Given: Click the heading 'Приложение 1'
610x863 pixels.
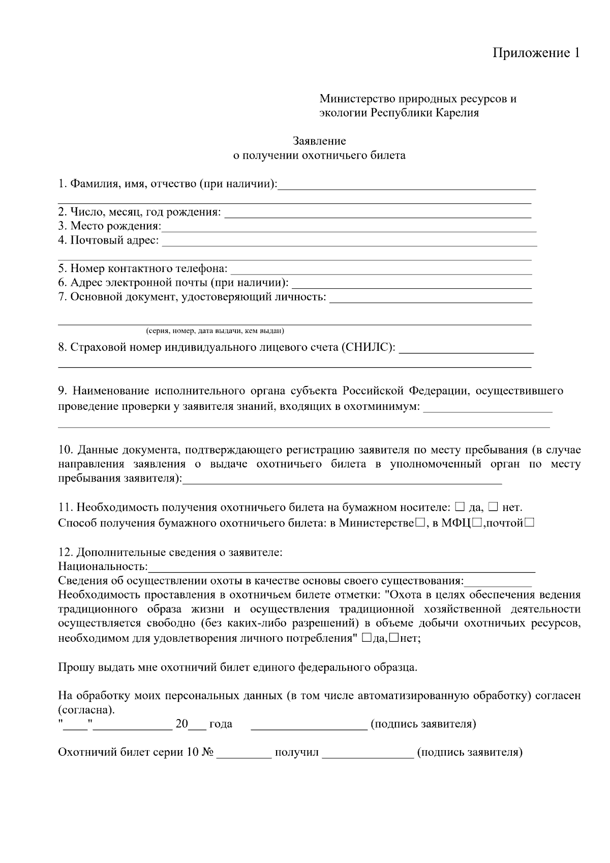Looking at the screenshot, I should click(x=536, y=53).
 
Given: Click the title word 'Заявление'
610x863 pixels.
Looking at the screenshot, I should click(x=319, y=141).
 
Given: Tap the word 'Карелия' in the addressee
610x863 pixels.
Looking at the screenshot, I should click(x=457, y=113).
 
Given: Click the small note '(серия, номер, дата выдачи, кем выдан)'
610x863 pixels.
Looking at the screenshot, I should click(x=215, y=331).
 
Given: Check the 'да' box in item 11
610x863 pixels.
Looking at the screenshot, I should click(x=460, y=507).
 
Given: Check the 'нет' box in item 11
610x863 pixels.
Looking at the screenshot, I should click(x=493, y=507).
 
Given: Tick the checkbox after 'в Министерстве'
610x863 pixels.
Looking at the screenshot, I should click(x=420, y=523).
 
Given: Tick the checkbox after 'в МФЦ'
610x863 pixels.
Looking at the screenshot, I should click(x=477, y=523).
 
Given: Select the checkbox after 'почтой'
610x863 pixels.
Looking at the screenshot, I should click(x=529, y=523).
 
